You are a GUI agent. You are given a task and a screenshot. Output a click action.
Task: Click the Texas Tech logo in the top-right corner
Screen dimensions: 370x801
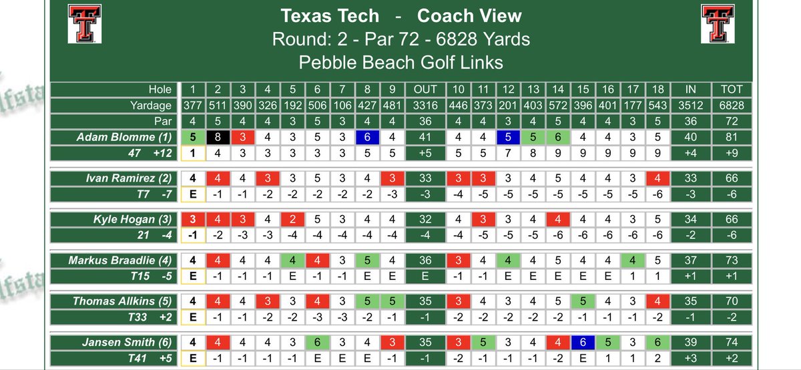pyautogui.click(x=718, y=23)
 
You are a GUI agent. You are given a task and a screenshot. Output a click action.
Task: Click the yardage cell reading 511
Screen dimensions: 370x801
pyautogui.click(x=218, y=106)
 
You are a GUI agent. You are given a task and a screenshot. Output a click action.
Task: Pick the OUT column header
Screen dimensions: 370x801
pyautogui.click(x=425, y=89)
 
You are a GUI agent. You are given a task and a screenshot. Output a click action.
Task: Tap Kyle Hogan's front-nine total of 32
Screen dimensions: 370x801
pyautogui.click(x=425, y=218)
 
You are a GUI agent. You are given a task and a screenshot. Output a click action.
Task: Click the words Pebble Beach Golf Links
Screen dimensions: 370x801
pyautogui.click(x=400, y=63)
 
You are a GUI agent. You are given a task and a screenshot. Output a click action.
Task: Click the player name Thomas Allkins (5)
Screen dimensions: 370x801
pyautogui.click(x=131, y=301)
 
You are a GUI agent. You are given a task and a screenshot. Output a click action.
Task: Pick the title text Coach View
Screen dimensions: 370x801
pyautogui.click(x=469, y=16)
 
